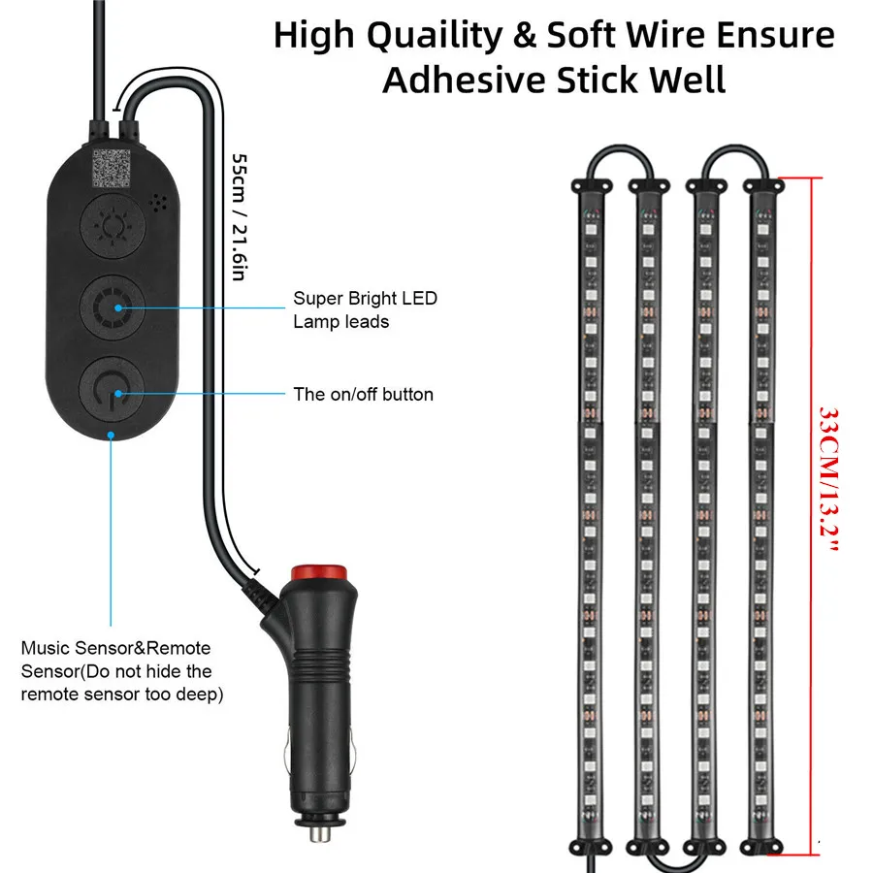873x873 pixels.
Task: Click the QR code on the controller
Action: click(x=112, y=168)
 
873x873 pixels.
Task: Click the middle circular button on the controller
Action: click(x=113, y=307)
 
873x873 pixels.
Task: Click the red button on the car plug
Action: click(x=319, y=573)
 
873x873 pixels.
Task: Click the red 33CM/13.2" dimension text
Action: click(x=829, y=479)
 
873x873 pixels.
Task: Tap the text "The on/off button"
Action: click(x=363, y=394)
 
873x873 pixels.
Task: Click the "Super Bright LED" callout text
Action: click(x=366, y=299)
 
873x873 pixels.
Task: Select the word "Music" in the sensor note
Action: click(x=46, y=648)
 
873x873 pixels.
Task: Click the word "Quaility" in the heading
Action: click(x=435, y=36)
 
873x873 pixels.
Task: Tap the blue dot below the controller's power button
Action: click(x=111, y=435)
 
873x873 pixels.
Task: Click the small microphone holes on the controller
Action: click(x=158, y=203)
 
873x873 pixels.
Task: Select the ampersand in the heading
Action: click(x=525, y=35)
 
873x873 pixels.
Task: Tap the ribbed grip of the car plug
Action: click(x=319, y=663)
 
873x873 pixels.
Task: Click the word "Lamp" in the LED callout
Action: click(x=314, y=323)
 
